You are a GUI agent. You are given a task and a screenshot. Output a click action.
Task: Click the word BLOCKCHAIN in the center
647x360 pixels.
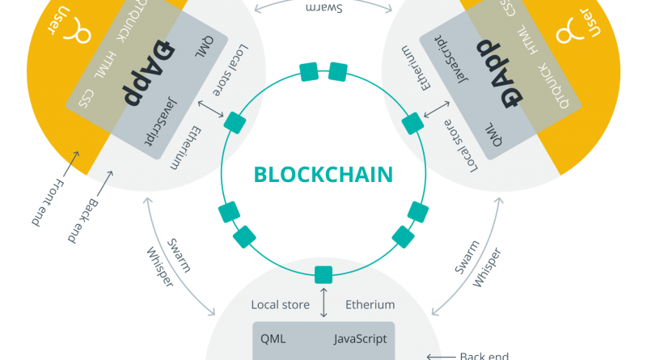(323, 174)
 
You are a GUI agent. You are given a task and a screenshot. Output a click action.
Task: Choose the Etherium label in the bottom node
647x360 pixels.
(370, 305)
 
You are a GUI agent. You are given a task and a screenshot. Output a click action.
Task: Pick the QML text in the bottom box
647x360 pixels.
(273, 338)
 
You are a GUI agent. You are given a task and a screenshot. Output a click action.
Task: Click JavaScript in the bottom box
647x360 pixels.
(360, 338)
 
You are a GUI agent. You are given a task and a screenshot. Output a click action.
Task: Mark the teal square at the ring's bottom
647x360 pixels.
(323, 273)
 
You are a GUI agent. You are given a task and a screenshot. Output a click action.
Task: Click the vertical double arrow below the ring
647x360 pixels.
(323, 301)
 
